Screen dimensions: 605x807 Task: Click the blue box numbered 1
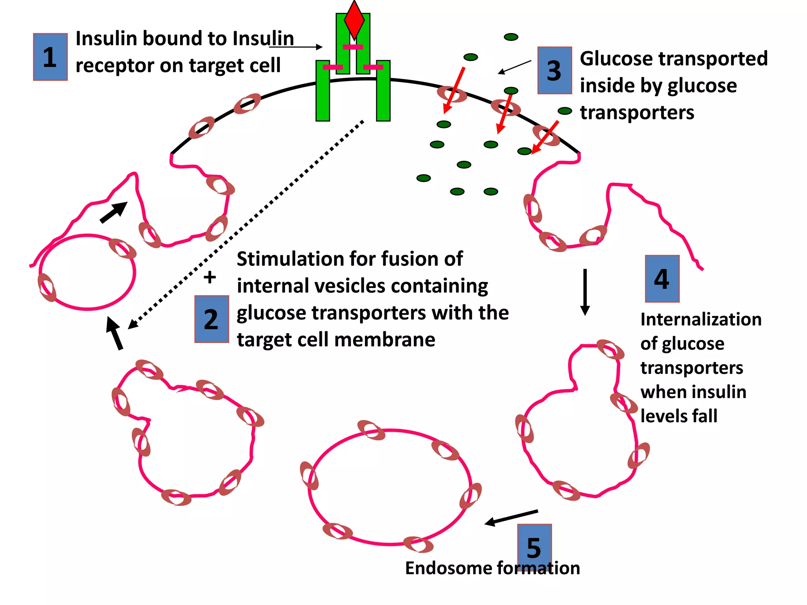pos(50,57)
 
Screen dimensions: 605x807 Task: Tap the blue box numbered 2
pos(212,319)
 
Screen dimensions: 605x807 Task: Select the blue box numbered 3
pos(554,71)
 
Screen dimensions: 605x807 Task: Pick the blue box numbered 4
pos(662,279)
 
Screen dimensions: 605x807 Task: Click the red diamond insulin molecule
pos(354,20)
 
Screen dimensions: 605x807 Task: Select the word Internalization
pos(701,319)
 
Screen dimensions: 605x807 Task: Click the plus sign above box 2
pos(210,277)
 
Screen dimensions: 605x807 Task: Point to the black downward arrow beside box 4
pos(585,291)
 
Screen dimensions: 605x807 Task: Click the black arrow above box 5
pos(511,518)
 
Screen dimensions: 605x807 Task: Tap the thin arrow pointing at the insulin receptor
pos(296,47)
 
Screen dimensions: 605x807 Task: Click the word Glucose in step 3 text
pos(616,59)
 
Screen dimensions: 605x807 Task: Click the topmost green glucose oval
pos(511,37)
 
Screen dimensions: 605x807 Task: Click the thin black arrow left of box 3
pos(515,67)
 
